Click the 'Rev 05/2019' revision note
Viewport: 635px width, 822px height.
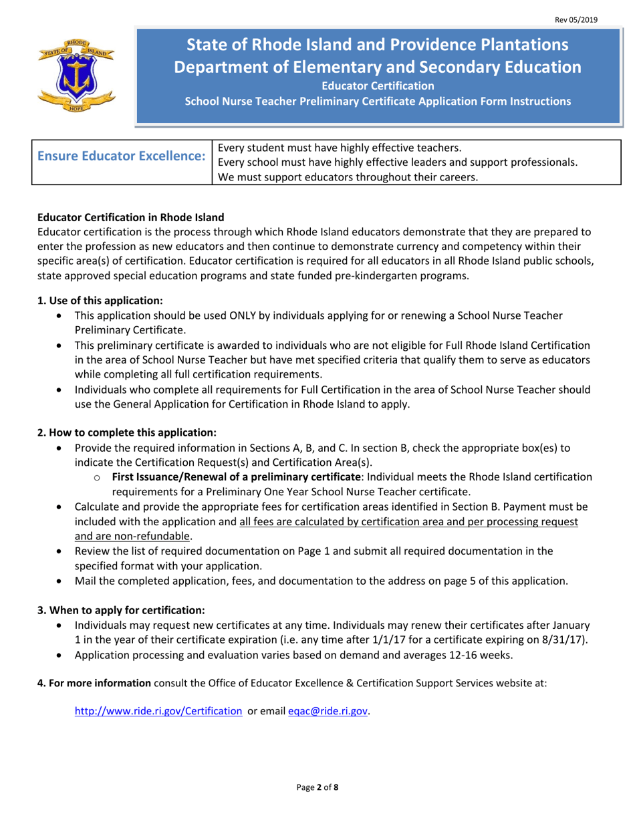[576, 20]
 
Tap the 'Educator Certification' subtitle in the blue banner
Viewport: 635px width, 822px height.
[378, 86]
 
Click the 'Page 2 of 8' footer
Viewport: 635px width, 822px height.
[317, 787]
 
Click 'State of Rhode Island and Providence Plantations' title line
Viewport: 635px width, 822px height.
[378, 45]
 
